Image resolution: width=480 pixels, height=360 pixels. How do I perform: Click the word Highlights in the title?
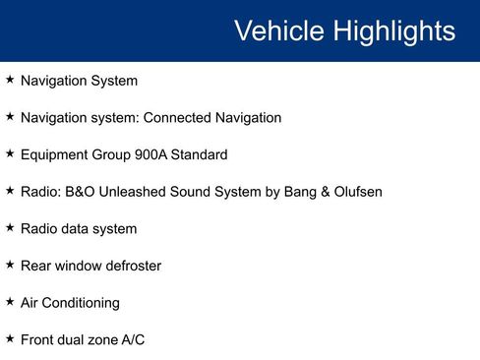(392, 30)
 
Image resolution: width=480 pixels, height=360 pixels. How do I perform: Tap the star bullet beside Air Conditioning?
(10, 302)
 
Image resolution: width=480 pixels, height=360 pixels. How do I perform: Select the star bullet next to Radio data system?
(10, 227)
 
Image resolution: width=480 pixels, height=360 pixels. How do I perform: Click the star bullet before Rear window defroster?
(10, 265)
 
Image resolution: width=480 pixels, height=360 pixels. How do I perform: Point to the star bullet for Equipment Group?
(10, 153)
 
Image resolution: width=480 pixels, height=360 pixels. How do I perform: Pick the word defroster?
(130, 266)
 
